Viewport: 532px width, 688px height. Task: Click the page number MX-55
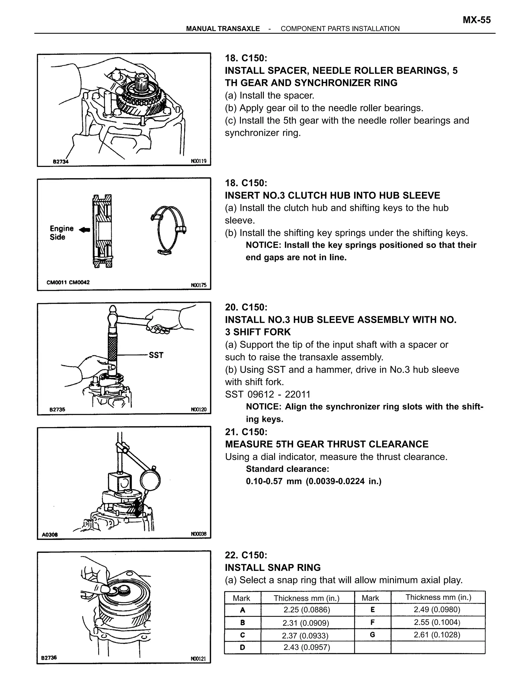476,20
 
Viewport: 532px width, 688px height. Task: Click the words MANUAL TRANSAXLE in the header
223,29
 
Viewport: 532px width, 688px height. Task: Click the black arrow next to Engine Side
84,230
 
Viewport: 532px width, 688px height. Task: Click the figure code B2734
61,161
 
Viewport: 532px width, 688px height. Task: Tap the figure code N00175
198,285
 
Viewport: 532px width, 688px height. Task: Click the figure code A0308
50,535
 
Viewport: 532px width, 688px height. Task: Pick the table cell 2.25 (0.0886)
306,610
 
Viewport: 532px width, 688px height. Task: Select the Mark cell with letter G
372,635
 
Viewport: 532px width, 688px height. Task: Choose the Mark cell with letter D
242,647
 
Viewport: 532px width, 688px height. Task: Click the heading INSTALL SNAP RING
272,567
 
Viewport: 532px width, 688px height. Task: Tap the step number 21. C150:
246,431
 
